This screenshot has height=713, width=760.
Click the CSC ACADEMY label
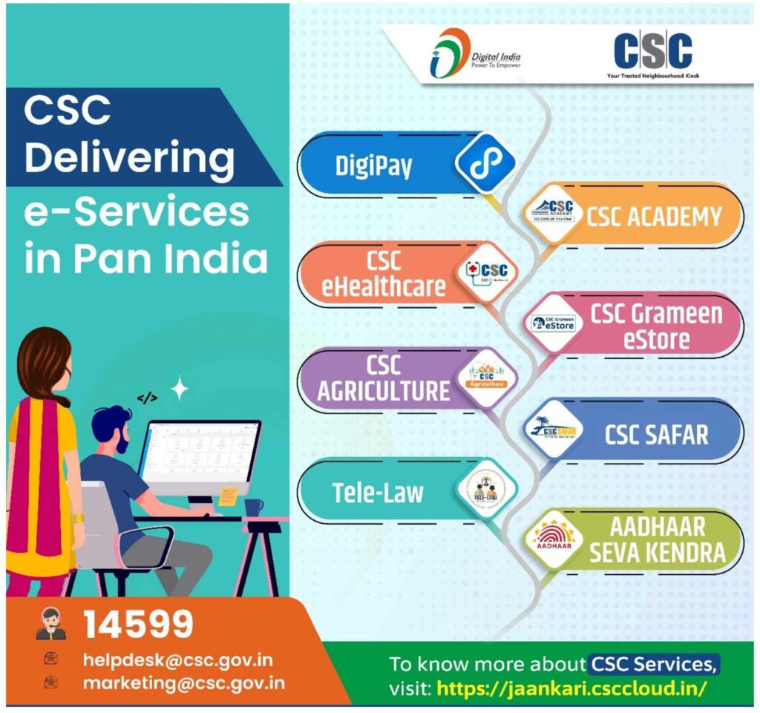click(x=654, y=217)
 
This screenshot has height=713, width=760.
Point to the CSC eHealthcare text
click(x=383, y=273)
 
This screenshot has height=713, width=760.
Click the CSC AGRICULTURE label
click(x=383, y=378)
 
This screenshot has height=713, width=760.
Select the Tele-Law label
click(x=379, y=493)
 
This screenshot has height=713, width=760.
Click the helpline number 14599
click(x=138, y=625)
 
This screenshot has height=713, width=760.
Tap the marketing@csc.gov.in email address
click(x=183, y=683)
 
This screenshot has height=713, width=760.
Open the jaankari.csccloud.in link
click(x=571, y=688)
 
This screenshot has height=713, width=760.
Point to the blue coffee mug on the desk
click(x=254, y=507)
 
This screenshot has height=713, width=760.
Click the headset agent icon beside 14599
click(x=50, y=624)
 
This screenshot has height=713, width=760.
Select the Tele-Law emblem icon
click(x=485, y=490)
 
